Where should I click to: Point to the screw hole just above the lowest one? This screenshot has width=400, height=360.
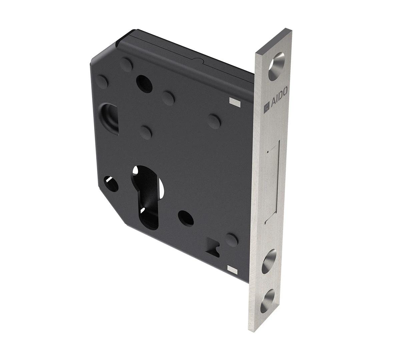tap(271, 261)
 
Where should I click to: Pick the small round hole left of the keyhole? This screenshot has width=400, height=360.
tap(111, 183)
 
